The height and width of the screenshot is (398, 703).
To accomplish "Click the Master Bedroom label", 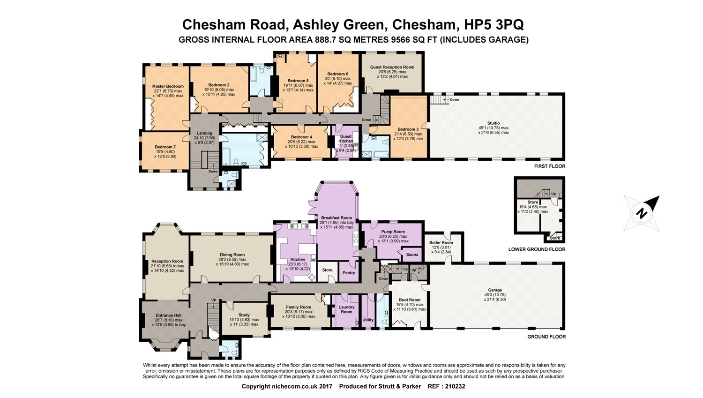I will (x=168, y=86).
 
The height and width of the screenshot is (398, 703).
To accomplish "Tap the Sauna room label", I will (x=412, y=255).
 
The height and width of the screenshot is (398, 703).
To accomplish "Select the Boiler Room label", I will (x=441, y=243).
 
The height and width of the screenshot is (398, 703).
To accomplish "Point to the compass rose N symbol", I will (x=641, y=213).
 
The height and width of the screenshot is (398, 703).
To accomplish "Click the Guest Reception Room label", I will (x=392, y=67).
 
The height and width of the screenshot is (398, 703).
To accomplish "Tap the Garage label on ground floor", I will (x=494, y=290).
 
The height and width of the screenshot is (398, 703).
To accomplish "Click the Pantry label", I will (x=349, y=272).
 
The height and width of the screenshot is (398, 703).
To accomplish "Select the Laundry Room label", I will (x=346, y=309).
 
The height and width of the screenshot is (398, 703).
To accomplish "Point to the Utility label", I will (x=368, y=320).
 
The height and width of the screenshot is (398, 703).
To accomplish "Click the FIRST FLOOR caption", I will (x=549, y=166).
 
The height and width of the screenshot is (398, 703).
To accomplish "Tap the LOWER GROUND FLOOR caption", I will (x=537, y=249).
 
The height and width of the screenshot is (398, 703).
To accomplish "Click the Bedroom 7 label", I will (x=165, y=147).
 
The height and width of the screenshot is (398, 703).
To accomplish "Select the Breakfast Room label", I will (x=337, y=218).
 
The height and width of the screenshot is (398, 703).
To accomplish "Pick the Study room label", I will (x=244, y=315).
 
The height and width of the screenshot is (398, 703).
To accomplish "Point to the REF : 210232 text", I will (x=446, y=387).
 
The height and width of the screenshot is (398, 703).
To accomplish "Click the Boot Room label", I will (x=409, y=300).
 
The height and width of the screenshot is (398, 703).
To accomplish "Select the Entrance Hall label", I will (x=168, y=315).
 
